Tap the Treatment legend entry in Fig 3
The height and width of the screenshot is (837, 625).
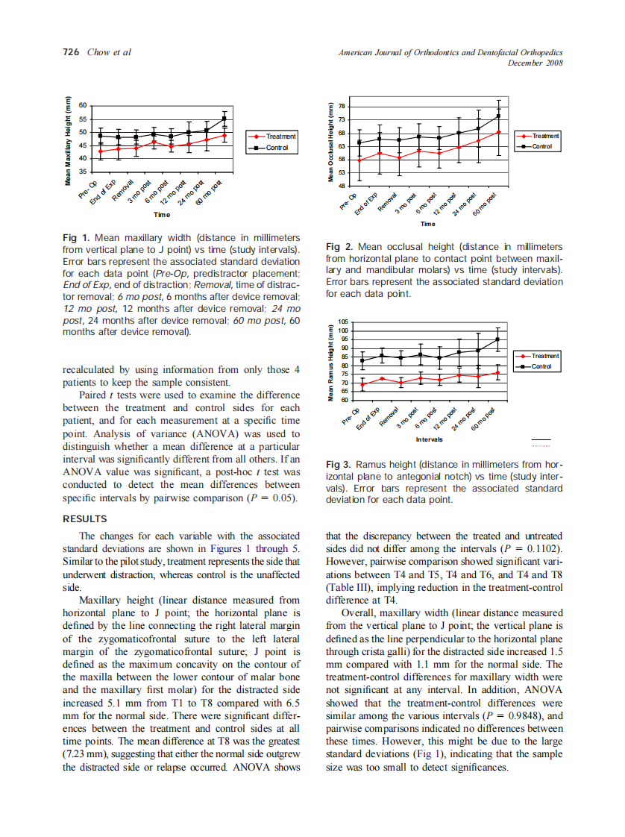(x=544, y=356)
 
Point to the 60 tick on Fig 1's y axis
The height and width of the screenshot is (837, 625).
(x=83, y=106)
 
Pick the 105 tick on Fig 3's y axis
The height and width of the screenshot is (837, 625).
(x=343, y=322)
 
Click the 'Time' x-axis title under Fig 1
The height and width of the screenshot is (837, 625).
(x=162, y=215)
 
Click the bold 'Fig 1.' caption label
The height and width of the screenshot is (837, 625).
(x=76, y=237)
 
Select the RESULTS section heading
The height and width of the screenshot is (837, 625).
(x=84, y=518)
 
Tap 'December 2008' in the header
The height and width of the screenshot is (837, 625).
(x=535, y=63)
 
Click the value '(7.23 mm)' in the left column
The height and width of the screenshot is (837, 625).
(x=84, y=753)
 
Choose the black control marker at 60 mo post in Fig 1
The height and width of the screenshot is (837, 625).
(x=224, y=118)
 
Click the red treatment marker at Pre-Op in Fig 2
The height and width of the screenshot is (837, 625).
(x=359, y=160)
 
